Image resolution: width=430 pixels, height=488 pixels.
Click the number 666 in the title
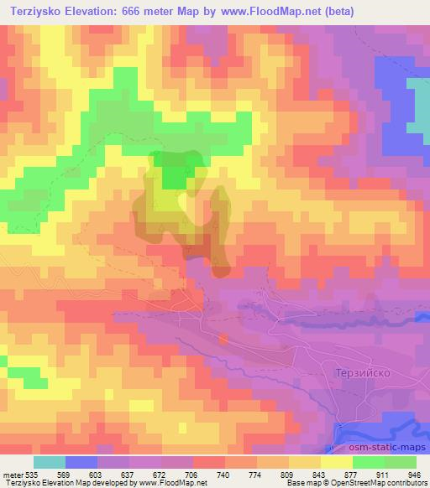coord(142,12)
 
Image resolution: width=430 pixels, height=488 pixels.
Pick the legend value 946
coord(414,475)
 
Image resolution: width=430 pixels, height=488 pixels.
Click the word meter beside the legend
coord(12,475)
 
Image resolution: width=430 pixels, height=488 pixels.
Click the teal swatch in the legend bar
coord(50,462)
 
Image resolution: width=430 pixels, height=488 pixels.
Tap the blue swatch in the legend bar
coord(81,462)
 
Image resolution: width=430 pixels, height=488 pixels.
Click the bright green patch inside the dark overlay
coord(176,175)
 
